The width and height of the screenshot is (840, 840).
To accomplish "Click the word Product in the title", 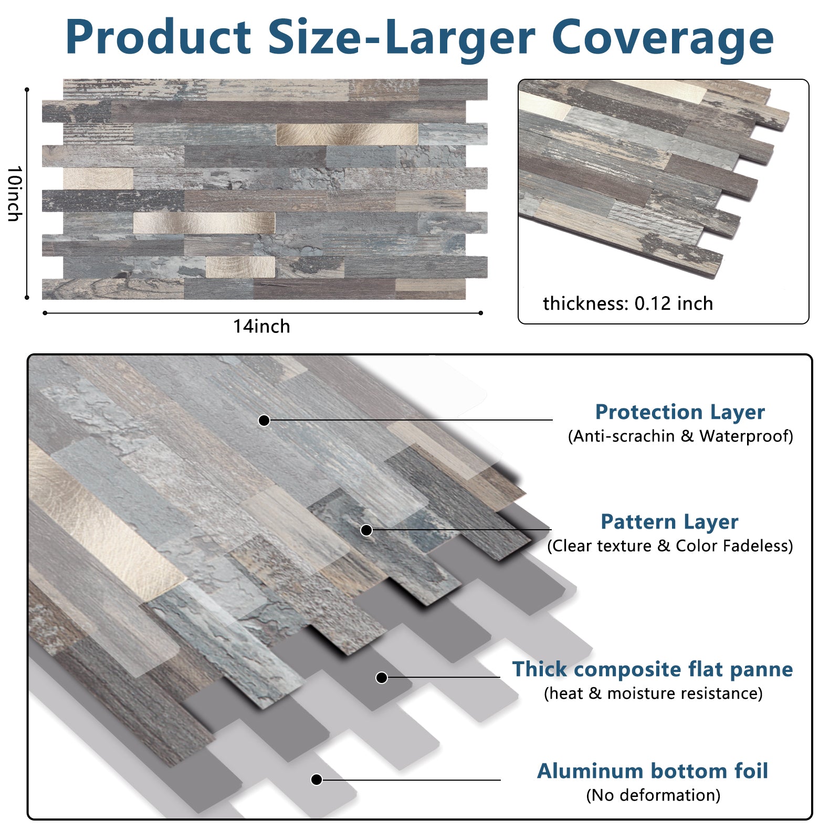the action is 158,37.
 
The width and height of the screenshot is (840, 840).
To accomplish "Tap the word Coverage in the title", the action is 663,38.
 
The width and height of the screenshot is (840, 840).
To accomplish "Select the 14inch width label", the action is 261,327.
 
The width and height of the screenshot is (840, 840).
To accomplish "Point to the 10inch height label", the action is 15,194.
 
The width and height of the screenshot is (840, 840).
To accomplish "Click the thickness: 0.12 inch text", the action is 628,303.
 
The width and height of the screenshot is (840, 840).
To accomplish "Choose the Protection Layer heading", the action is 680,412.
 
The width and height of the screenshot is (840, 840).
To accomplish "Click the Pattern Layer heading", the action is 669,522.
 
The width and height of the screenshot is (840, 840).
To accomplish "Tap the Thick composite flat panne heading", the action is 653,669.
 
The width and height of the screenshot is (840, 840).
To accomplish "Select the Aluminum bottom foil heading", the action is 653,771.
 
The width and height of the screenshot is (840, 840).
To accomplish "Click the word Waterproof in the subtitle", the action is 746,436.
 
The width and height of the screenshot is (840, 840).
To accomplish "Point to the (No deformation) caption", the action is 653,795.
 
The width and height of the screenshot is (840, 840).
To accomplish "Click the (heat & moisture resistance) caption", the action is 653,694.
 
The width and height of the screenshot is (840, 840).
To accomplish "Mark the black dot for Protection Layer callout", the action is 264,420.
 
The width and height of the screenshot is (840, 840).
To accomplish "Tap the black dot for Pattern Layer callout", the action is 366,530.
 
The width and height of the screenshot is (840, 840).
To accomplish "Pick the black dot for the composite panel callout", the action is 382,678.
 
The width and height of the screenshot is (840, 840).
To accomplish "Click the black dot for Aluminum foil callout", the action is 316,780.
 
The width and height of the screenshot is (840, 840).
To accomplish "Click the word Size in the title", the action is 315,37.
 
